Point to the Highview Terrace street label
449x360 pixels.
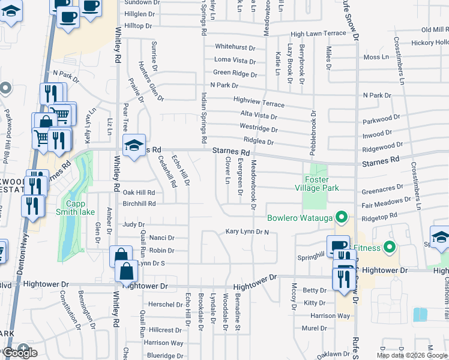tap(259, 103)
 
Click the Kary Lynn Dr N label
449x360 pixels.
tap(247, 231)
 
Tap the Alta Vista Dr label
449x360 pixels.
tap(259, 116)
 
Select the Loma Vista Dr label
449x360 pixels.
tap(235, 60)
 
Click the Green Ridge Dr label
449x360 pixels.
tap(235, 73)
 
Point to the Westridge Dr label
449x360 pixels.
tap(259, 128)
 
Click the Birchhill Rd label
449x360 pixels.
tap(139, 203)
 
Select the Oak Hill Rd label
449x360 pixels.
tap(139, 193)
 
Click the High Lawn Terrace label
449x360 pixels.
tap(318, 34)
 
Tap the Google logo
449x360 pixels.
tap(20, 353)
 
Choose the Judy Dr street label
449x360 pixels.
tap(134, 224)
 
